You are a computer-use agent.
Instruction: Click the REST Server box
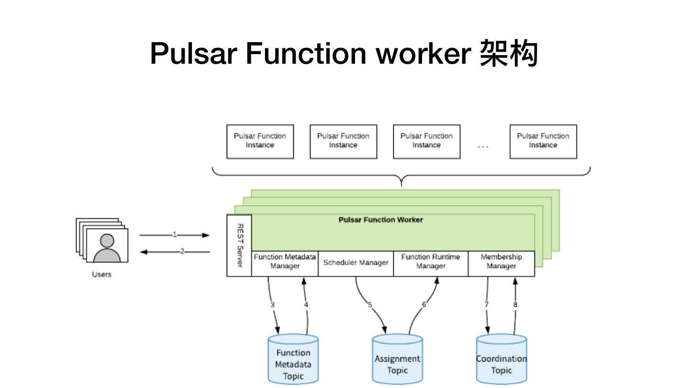(x=239, y=245)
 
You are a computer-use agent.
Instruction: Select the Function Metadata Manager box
(x=285, y=262)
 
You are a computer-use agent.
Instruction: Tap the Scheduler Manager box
(x=356, y=262)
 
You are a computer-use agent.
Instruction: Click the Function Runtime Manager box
(x=431, y=262)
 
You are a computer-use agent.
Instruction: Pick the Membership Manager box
(x=501, y=262)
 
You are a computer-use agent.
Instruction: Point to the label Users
(x=101, y=274)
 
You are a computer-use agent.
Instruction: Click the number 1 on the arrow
(x=175, y=235)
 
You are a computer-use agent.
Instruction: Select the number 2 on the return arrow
(x=182, y=251)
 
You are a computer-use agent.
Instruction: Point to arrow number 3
(x=272, y=305)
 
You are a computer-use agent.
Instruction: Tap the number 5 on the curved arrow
(x=369, y=305)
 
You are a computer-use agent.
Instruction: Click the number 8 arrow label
(x=515, y=305)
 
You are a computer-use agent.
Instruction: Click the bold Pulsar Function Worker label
(x=380, y=220)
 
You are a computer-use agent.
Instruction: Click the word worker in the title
(x=424, y=54)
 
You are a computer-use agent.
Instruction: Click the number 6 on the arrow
(x=424, y=305)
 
